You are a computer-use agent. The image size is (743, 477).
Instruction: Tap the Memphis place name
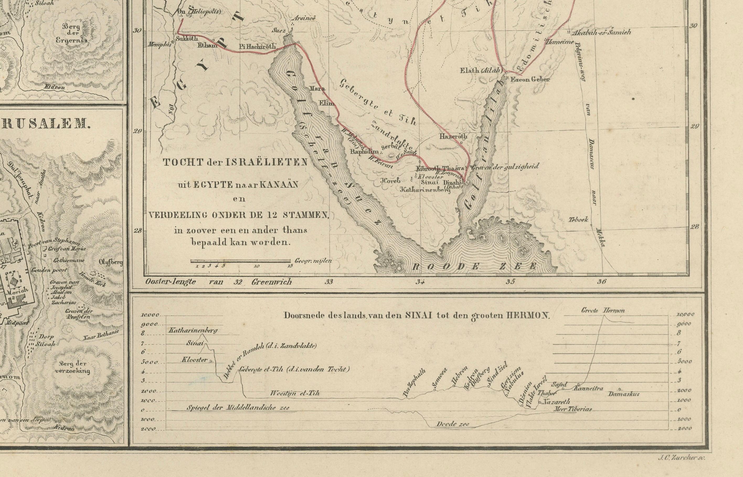point(159,44)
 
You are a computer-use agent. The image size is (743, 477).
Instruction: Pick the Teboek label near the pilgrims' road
point(578,220)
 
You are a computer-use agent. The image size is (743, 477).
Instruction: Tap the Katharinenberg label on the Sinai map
point(425,190)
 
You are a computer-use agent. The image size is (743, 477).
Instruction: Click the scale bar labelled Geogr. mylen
point(241,261)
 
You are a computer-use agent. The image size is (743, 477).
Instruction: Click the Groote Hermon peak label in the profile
point(603,310)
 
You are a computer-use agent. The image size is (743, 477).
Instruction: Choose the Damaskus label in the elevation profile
point(624,394)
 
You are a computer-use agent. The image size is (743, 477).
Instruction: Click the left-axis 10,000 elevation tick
point(150,315)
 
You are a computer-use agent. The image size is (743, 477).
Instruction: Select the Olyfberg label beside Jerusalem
point(111,262)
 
